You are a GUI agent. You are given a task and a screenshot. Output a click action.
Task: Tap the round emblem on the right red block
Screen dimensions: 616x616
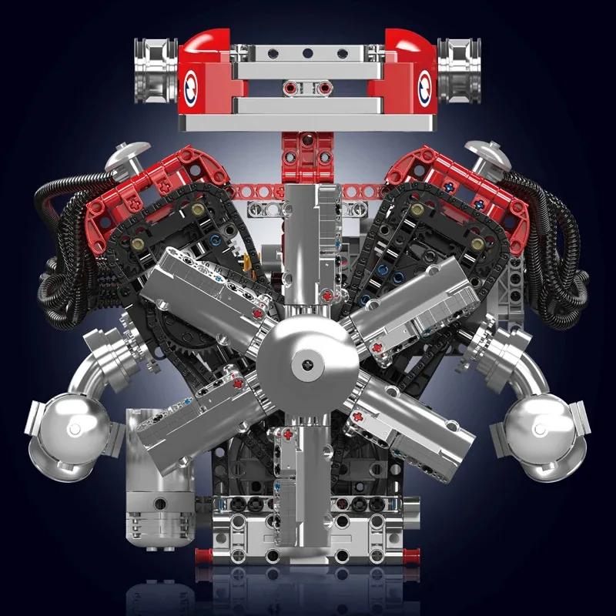424,87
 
